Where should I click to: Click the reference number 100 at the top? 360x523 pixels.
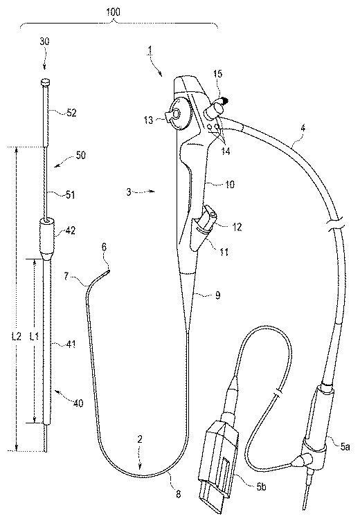[x=113, y=12]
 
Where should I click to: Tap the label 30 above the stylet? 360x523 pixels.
[x=44, y=42]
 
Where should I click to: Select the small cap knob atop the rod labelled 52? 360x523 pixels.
[x=45, y=81]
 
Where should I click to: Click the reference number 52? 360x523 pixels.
[x=71, y=113]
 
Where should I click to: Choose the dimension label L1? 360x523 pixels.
[x=34, y=336]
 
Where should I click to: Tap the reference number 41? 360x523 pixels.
[x=70, y=344]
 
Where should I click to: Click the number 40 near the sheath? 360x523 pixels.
[x=78, y=403]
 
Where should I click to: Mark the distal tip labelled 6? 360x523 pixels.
[x=108, y=273]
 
